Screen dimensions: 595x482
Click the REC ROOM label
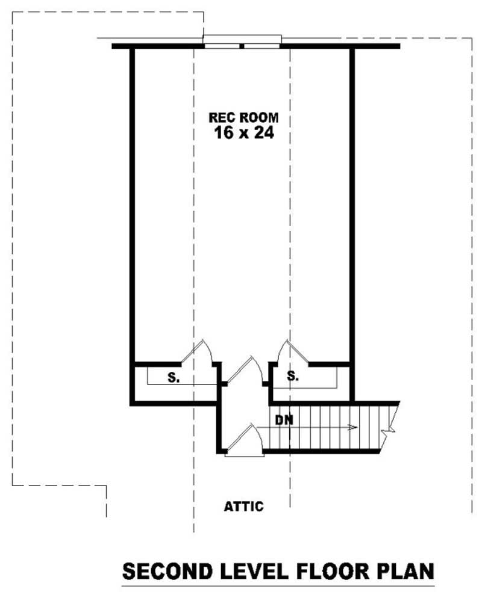pos(244,118)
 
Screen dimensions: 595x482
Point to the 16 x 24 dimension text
pos(244,133)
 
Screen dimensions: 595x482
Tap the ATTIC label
pos(244,507)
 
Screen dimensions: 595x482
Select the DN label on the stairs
pos(284,419)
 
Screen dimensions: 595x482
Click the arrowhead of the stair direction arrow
pos(355,428)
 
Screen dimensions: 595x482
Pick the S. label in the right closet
pos(293,377)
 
